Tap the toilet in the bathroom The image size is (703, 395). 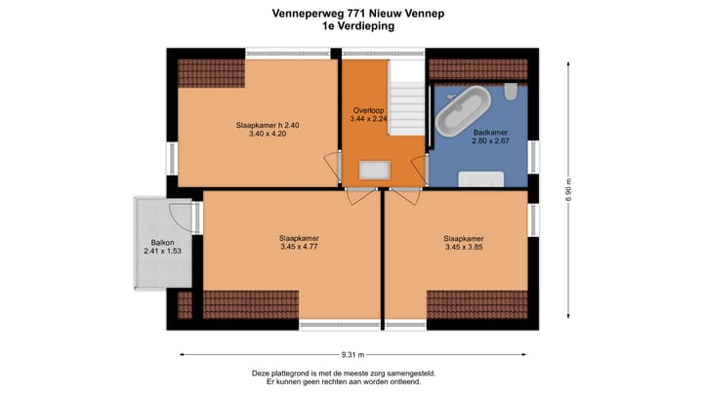click(512, 92)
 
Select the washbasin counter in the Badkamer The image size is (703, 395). click(482, 178)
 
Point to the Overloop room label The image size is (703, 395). click(368, 110)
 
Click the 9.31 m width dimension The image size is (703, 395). click(353, 353)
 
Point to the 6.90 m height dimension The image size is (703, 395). click(568, 189)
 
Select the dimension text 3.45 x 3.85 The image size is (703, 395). click(465, 248)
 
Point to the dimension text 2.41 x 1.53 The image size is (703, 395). click(163, 252)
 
